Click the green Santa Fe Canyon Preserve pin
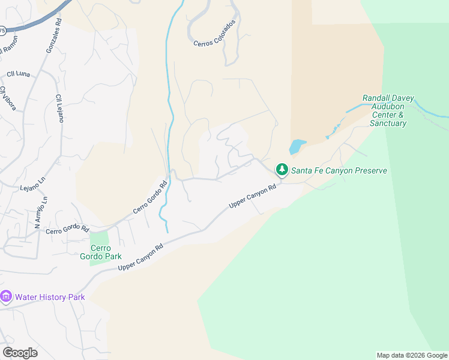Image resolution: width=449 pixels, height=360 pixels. [282, 170]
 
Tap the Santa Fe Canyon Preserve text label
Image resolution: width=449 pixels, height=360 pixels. [339, 170]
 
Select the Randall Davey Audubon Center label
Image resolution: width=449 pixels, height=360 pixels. [388, 110]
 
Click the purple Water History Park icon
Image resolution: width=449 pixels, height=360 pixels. [7, 296]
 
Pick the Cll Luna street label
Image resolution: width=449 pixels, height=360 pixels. [19, 74]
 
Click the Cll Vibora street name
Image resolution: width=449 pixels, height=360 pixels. [8, 99]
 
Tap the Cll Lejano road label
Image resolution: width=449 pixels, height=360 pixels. [59, 108]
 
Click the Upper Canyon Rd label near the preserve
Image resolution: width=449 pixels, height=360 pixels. [252, 196]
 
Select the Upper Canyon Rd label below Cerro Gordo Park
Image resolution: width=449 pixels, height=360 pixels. [141, 257]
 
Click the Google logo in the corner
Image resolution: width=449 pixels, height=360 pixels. [20, 353]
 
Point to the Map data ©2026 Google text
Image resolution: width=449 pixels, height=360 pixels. [412, 355]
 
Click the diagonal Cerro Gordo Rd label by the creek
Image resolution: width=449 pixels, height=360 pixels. [149, 196]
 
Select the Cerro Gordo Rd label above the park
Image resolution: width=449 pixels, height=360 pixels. [67, 230]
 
